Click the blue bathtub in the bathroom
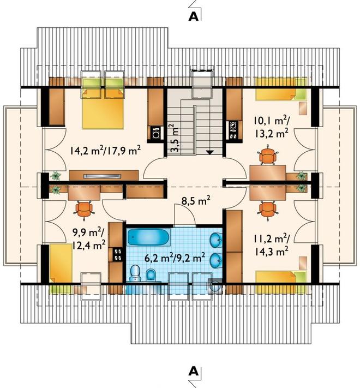(148, 237)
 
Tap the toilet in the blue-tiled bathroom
(135, 273)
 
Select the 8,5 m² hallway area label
(196, 200)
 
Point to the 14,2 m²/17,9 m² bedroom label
(105, 150)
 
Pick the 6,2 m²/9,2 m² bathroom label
(175, 258)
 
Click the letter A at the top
(193, 16)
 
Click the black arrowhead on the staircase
(210, 153)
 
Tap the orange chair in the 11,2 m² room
(267, 210)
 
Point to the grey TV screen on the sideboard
(103, 176)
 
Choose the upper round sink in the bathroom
(215, 240)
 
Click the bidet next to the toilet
(151, 274)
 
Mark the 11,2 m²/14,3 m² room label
(271, 245)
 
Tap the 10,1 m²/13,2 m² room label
(271, 127)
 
